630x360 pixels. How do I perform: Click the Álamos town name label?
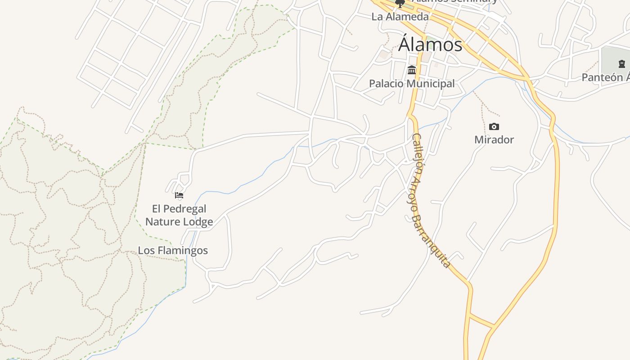[430, 45]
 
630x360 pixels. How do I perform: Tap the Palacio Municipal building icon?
[412, 70]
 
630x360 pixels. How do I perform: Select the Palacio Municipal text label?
[412, 84]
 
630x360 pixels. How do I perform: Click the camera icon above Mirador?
[494, 127]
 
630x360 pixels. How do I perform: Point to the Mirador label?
[494, 139]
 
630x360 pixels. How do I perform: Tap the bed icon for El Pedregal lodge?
[179, 195]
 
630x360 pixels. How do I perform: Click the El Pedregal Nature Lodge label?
[179, 215]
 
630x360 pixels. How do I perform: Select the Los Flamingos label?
[173, 251]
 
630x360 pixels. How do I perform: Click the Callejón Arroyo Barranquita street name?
[430, 200]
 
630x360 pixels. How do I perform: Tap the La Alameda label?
[400, 17]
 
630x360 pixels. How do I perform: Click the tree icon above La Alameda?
[400, 4]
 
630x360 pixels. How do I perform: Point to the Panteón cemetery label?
[605, 77]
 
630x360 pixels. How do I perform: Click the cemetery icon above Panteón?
[621, 64]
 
